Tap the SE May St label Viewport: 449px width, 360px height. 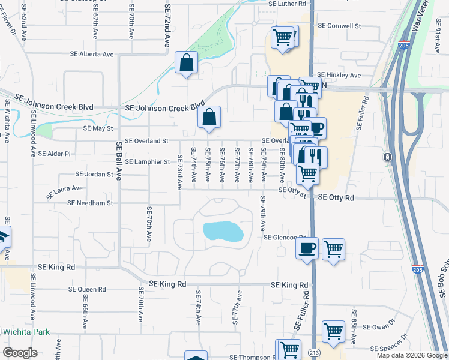point(98,128)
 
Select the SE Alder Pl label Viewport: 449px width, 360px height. point(54,154)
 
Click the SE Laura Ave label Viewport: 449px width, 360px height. point(64,191)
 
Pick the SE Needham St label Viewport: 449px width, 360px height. point(90,203)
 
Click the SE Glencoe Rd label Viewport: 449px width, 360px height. point(286,237)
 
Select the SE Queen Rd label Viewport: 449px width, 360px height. point(87,289)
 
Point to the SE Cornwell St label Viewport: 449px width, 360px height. point(339,26)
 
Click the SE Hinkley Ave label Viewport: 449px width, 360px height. point(339,75)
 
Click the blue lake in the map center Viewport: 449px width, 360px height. point(223,231)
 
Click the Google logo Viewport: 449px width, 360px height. point(20,352)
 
